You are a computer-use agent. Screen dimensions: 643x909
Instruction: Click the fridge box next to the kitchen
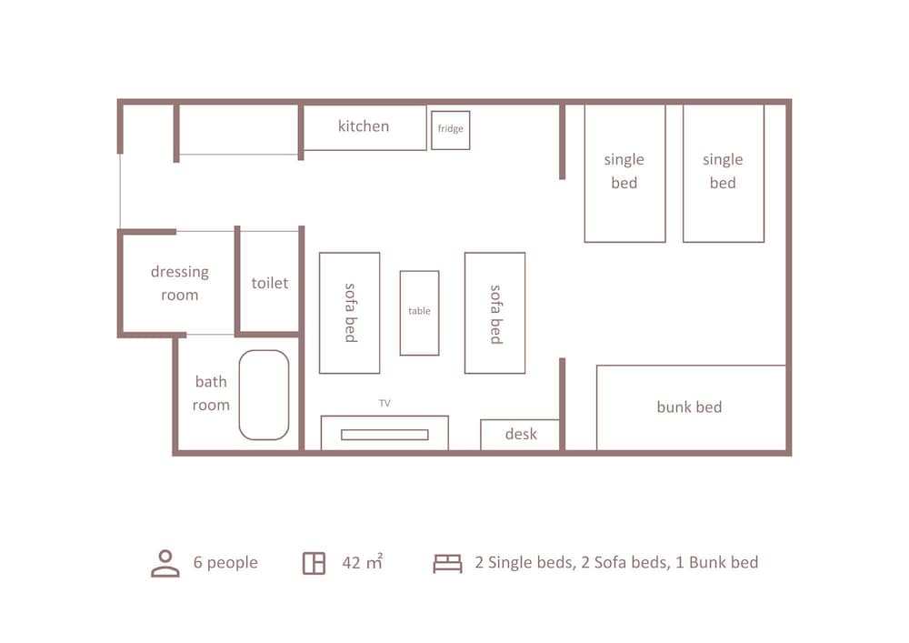pos(450,129)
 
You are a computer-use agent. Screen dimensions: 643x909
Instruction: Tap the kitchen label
pos(364,126)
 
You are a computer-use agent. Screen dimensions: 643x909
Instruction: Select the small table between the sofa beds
pos(419,312)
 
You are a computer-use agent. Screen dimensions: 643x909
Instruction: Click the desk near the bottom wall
pos(521,434)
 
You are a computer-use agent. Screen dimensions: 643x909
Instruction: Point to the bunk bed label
pos(689,407)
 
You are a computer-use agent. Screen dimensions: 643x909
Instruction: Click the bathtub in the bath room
pos(264,395)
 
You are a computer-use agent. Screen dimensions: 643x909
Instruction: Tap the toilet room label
pos(269,283)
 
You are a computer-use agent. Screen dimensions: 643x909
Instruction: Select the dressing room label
pos(179,283)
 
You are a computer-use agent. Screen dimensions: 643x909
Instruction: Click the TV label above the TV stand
pos(385,403)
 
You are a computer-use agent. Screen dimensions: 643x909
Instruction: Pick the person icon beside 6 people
pos(165,563)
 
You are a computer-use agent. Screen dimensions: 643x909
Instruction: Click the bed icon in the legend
pos(447,563)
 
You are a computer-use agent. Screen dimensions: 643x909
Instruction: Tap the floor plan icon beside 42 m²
pos(314,563)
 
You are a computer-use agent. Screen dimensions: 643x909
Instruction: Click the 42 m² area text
pos(362,562)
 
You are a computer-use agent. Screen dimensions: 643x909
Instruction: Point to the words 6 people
pos(225,562)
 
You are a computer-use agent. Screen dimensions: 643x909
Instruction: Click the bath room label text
pos(210,394)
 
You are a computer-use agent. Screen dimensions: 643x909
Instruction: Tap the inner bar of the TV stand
pos(385,435)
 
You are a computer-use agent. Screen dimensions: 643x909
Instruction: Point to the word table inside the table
pos(419,311)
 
